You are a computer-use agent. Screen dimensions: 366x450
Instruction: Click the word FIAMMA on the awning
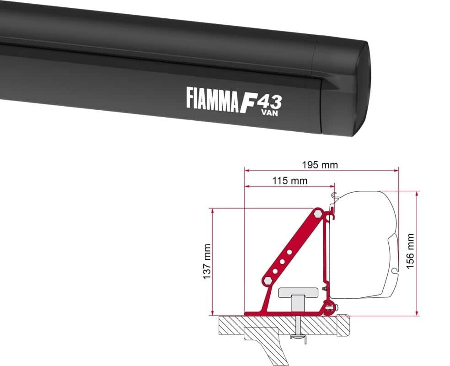point(212,98)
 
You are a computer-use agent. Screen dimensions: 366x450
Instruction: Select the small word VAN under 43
point(269,113)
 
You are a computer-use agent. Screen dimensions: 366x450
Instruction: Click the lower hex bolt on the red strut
point(266,280)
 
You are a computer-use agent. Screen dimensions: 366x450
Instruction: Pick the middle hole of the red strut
point(283,261)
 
